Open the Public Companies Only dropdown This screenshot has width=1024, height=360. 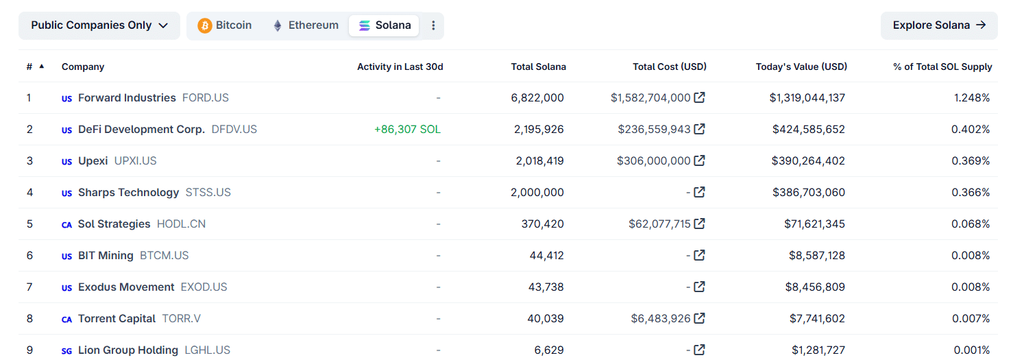[99, 25]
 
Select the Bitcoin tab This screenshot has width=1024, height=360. [225, 25]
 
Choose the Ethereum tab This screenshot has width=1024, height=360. [306, 25]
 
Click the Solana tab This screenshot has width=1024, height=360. [385, 25]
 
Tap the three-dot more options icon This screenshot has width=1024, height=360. [433, 25]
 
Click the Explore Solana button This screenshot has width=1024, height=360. [939, 25]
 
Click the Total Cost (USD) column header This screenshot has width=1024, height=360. [670, 67]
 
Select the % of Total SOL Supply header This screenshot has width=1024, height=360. [942, 67]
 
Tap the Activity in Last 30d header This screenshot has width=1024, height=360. [400, 67]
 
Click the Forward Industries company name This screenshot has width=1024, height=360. [127, 97]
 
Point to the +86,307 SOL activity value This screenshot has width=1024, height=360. [407, 129]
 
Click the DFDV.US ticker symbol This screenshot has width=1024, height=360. [234, 129]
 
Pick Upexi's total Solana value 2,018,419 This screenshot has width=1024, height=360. [540, 160]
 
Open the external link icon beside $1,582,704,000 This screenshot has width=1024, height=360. [699, 97]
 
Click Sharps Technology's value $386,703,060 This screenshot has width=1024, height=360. [809, 192]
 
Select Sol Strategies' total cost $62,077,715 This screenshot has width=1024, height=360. [659, 224]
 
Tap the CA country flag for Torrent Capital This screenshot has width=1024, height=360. [66, 319]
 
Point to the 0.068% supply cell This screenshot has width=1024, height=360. [971, 224]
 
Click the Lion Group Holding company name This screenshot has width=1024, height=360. [128, 350]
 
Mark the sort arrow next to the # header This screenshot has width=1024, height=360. [42, 67]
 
